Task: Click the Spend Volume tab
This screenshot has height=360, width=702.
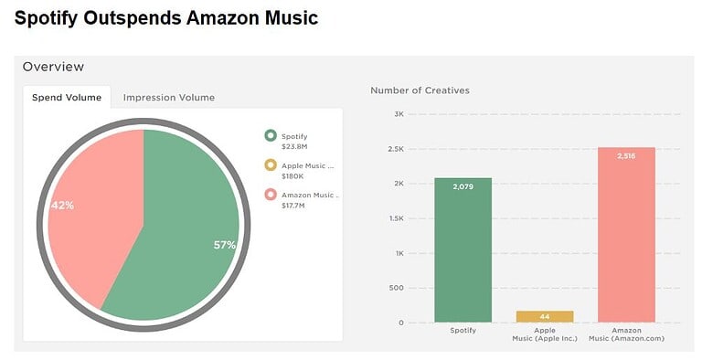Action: (66, 97)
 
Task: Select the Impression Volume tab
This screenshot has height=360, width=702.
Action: (168, 97)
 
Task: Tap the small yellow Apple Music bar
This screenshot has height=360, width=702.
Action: (544, 316)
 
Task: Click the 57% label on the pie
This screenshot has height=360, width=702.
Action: (225, 245)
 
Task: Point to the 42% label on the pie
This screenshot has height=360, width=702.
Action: (62, 206)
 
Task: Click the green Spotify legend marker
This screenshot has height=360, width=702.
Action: (270, 135)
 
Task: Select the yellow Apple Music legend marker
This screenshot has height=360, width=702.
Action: (270, 164)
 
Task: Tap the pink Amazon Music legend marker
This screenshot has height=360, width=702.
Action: (270, 194)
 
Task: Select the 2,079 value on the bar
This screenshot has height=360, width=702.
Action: (463, 186)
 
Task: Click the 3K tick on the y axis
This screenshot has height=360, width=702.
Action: (399, 114)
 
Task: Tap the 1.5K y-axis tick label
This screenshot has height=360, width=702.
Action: (396, 218)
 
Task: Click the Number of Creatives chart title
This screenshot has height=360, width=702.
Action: (420, 90)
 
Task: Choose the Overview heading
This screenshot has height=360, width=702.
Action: (53, 67)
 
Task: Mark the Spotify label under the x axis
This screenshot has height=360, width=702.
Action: (463, 330)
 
